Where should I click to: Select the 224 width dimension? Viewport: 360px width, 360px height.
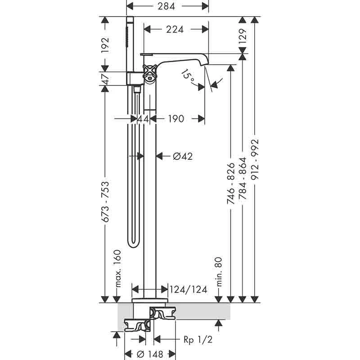point(175,30)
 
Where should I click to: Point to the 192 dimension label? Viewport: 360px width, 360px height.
point(105,45)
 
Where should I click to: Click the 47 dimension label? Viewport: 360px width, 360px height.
point(105,79)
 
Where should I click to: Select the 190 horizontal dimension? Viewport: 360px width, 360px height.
point(175,119)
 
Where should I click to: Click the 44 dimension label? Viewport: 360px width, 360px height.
point(143,119)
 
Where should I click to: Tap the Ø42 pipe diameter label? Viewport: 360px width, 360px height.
point(183,156)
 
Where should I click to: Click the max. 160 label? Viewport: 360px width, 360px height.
point(118,269)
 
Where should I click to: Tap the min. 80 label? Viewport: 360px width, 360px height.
point(219,272)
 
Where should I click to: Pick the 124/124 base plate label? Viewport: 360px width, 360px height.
point(189,289)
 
